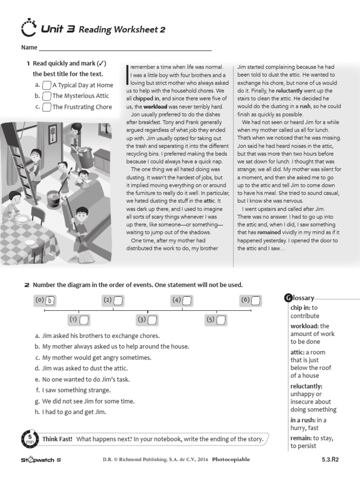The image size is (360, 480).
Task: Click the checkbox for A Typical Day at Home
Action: pos(46,85)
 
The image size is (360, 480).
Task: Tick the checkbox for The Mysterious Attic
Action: pos(46,96)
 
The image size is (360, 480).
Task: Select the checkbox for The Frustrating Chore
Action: pos(46,107)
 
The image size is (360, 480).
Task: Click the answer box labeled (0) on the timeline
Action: pos(50,301)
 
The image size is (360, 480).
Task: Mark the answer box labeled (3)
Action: pos(152,320)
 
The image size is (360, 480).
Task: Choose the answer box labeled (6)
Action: pos(256,301)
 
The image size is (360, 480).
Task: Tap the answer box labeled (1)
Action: pos(84,320)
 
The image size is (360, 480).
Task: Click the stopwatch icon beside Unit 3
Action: pos(30,28)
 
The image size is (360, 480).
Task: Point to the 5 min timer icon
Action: pos(29,439)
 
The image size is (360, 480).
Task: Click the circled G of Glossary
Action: pos(289,298)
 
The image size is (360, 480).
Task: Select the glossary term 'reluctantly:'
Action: pos(306,386)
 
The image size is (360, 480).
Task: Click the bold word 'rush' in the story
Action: pos(305,106)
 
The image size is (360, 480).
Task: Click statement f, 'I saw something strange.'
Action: pos(76,390)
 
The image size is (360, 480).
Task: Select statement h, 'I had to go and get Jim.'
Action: pos(74,412)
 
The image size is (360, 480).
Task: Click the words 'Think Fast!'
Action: pos(57,439)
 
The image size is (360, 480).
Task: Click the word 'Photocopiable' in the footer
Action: pos(231,459)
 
